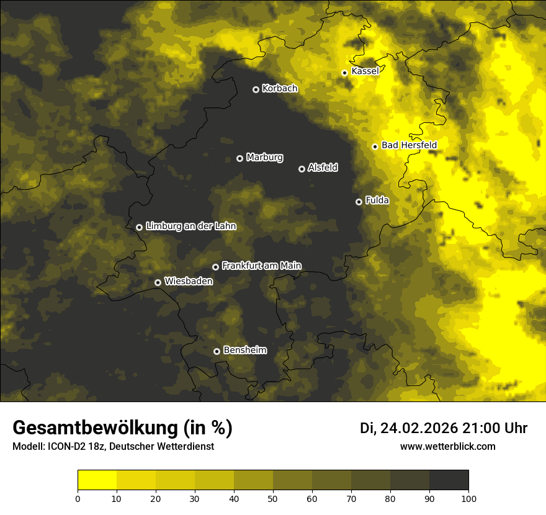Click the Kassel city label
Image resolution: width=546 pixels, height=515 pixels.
point(365,71)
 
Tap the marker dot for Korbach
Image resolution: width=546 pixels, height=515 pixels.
point(256,89)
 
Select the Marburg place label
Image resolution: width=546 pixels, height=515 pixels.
point(264,158)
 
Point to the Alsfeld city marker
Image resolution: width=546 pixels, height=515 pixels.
point(302,169)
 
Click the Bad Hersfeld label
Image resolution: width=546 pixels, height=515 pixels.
point(409,145)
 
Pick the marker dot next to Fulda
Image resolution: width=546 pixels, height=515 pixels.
point(359,202)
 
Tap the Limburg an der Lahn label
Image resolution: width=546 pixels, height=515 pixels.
point(190,226)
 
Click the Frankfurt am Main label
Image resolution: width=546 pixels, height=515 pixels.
point(261,266)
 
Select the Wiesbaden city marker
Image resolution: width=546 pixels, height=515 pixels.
point(158,282)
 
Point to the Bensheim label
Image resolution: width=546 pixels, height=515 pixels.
point(244,350)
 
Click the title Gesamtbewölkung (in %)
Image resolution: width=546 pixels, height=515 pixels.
point(122,428)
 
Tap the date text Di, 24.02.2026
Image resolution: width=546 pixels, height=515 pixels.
point(408,428)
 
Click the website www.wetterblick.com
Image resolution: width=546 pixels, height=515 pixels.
point(447,446)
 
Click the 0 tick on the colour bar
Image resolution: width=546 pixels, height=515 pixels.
point(78,498)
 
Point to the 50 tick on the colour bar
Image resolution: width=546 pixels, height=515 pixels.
point(273,498)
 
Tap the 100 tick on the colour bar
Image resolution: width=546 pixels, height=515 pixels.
point(468,498)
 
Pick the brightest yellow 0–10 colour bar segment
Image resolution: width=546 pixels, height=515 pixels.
point(97,480)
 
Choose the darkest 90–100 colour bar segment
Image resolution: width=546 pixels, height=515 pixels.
point(449,480)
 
